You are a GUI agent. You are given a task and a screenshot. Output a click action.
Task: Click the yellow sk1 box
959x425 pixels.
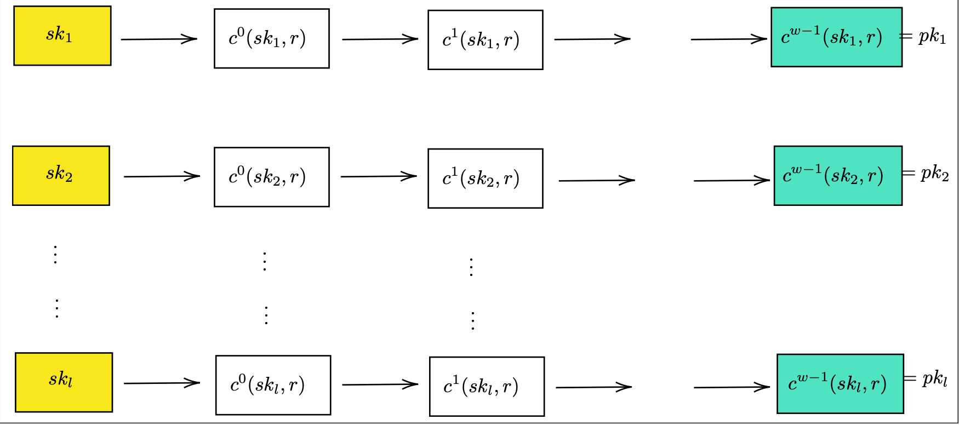click(x=62, y=36)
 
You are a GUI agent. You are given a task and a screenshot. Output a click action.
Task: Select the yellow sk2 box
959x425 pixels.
click(x=61, y=175)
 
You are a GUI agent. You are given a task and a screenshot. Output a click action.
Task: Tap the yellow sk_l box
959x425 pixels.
click(x=64, y=382)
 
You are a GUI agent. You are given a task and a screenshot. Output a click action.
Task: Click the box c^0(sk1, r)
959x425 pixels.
click(x=271, y=38)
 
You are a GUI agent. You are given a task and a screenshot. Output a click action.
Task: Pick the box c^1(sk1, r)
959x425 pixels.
click(x=485, y=39)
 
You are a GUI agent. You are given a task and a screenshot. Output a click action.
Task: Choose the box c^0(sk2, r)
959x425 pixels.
click(x=271, y=177)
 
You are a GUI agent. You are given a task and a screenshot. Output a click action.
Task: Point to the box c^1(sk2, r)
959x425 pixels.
click(x=485, y=178)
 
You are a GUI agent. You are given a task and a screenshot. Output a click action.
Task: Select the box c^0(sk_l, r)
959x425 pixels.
click(x=273, y=385)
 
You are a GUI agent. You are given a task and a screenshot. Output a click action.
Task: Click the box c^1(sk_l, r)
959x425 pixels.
click(x=487, y=386)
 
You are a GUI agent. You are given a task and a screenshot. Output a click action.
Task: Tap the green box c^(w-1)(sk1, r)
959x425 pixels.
click(x=836, y=37)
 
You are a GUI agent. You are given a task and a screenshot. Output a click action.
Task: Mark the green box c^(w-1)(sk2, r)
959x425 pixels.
click(x=837, y=175)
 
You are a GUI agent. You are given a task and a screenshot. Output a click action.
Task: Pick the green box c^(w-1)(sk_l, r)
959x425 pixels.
click(x=840, y=383)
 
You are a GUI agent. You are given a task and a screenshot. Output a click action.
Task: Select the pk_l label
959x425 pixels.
click(x=935, y=378)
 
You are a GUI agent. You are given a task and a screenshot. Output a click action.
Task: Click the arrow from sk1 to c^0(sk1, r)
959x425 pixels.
click(x=159, y=39)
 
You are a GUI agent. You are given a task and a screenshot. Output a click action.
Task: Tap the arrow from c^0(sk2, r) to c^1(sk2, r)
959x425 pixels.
click(x=379, y=176)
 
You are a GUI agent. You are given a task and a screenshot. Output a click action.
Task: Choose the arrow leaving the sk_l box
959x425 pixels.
click(x=162, y=383)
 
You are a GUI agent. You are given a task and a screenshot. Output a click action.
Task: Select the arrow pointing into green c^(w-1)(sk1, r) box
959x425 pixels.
click(x=729, y=39)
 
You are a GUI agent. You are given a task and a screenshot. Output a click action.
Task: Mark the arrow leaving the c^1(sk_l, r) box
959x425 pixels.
click(x=593, y=387)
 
